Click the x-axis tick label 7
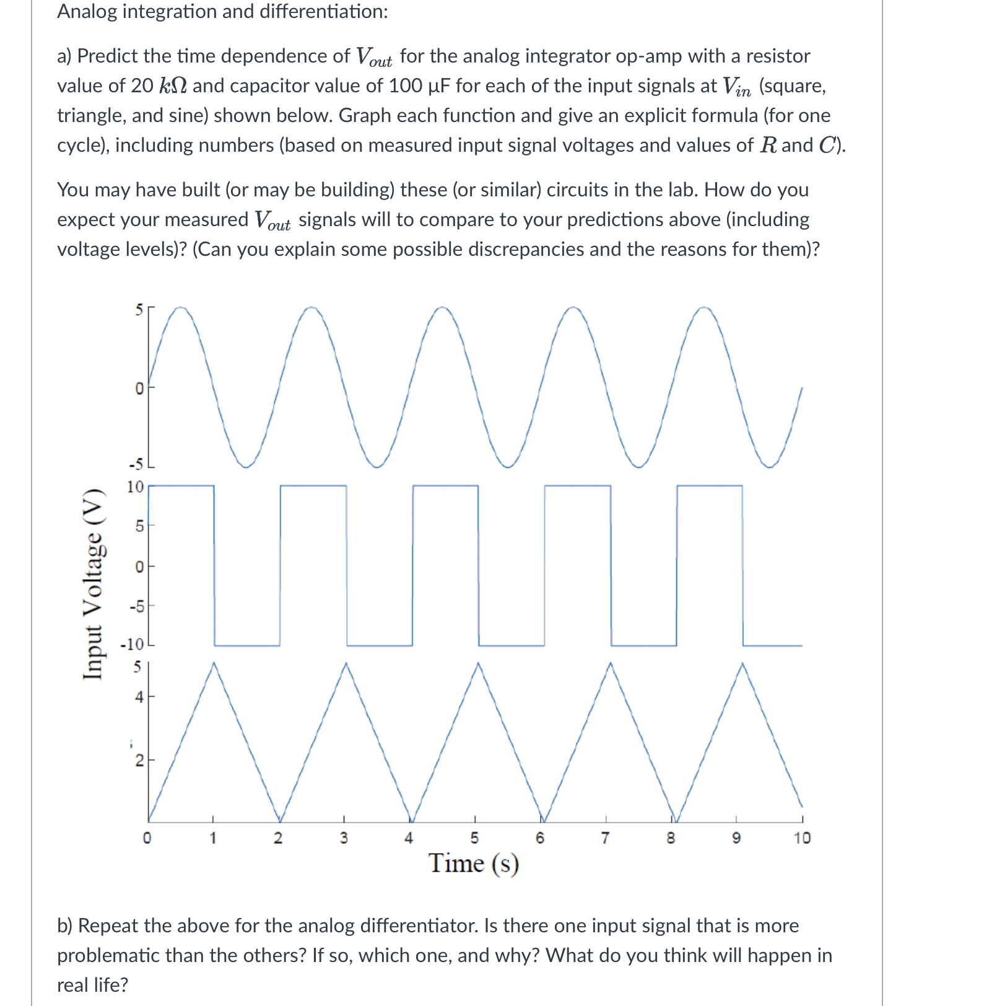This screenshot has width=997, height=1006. tap(605, 838)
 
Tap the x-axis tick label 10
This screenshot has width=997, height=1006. tap(802, 838)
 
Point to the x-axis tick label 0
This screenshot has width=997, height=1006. tap(147, 838)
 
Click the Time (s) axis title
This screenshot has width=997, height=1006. tap(474, 863)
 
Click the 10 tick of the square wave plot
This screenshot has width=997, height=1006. tap(135, 487)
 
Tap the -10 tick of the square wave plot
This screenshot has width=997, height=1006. tap(132, 644)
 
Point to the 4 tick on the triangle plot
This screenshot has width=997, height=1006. tap(139, 697)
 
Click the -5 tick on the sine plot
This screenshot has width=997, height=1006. tap(136, 465)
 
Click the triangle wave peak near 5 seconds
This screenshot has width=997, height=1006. tap(477, 663)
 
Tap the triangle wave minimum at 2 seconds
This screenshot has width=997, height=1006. tap(280, 821)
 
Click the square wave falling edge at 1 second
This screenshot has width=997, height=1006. tap(214, 565)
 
